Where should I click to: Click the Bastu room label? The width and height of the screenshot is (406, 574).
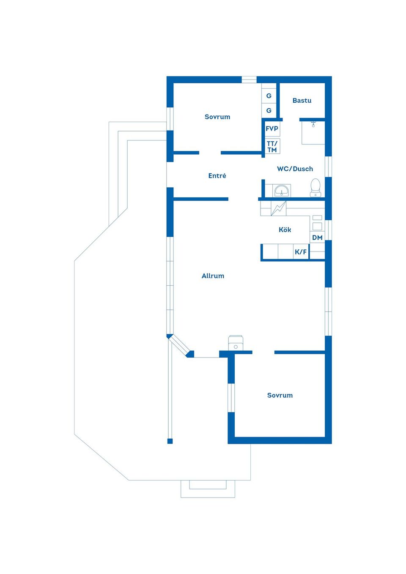coord(302,101)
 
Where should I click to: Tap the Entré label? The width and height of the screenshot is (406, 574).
coord(217,175)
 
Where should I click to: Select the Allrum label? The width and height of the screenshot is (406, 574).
coord(213,276)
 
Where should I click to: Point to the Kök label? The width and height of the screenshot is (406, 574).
coord(285,230)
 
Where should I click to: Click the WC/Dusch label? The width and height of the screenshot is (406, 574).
coord(295,169)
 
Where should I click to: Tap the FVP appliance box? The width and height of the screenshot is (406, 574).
coord(272,128)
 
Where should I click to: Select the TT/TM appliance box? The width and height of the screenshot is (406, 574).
coord(272,146)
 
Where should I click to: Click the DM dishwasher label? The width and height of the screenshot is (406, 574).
coord(317,238)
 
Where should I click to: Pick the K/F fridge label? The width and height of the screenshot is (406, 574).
coord(301,251)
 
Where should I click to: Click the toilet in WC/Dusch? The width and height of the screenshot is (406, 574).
coord(315,188)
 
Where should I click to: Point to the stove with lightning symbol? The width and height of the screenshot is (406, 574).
coord(278,208)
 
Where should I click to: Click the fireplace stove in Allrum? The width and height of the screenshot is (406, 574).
coord(236,343)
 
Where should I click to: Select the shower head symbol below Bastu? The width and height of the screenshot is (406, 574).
coord(313,124)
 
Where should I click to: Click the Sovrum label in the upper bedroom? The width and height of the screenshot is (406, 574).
coord(217,117)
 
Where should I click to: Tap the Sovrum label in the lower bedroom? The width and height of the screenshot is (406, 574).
coord(280,395)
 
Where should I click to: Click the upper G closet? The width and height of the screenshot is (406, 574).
coord(269,96)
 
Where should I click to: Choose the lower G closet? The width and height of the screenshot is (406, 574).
coord(269,110)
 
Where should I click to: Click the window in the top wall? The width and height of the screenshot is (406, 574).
coord(249,80)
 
